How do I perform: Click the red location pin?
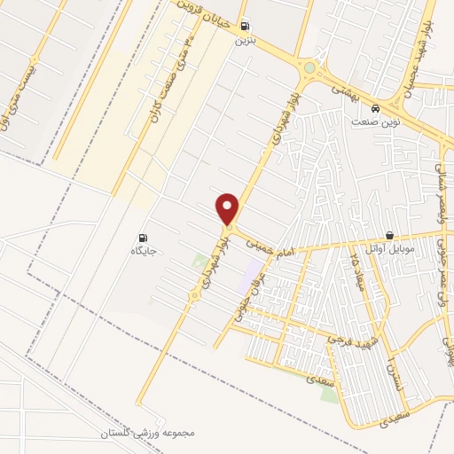click(x=229, y=207)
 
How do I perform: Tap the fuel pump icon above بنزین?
click(x=244, y=26)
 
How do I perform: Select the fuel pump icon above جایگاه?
click(x=143, y=237)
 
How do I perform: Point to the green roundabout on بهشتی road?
click(x=309, y=67)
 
